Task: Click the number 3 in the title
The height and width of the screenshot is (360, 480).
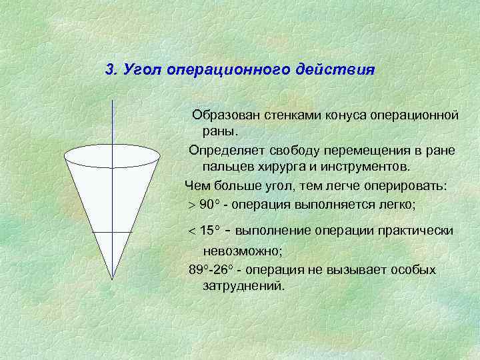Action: pyautogui.click(x=111, y=70)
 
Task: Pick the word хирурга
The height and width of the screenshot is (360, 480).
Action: pyautogui.click(x=277, y=165)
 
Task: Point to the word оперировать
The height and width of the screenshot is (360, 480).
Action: pyautogui.click(x=405, y=186)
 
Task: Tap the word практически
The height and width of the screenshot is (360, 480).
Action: pyautogui.click(x=419, y=231)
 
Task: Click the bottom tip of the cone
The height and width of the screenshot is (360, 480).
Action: pyautogui.click(x=113, y=277)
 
